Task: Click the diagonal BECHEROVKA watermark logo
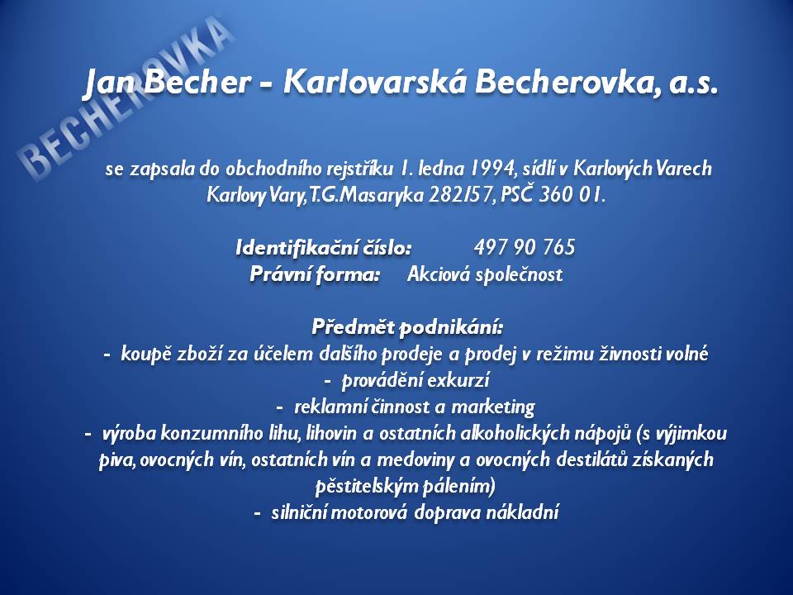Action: [126, 98]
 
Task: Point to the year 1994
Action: [492, 168]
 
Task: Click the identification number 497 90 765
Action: [525, 247]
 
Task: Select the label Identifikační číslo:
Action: [324, 248]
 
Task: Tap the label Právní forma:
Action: [315, 274]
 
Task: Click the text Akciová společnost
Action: [485, 274]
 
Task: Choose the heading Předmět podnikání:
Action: [407, 327]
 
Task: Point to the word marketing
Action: [492, 407]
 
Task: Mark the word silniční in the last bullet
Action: [298, 512]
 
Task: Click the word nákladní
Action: [522, 512]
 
